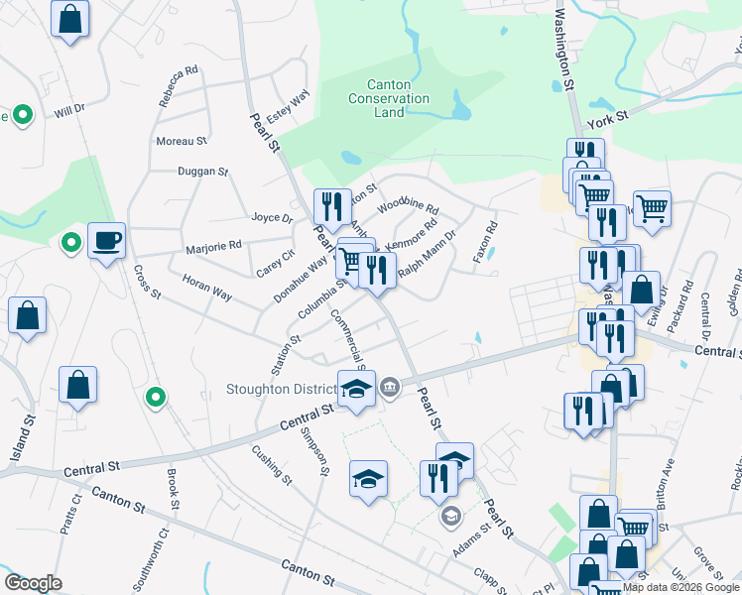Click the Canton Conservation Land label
pos(389,99)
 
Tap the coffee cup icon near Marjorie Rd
pos(106,240)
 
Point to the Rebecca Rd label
pos(179,87)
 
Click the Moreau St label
pos(182,142)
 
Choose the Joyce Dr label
pos(272,218)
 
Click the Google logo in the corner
pos(33,583)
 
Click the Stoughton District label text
pos(279,388)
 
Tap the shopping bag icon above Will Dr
pos(69,19)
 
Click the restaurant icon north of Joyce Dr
pos(332,206)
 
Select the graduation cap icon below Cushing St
pos(367,480)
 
